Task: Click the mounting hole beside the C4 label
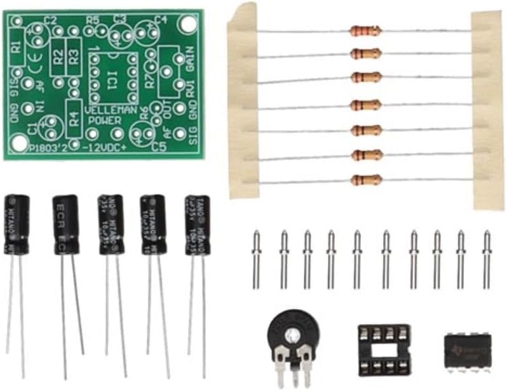coord(186,24)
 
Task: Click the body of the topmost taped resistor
coord(365,30)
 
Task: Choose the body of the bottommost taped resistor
coord(366,180)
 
